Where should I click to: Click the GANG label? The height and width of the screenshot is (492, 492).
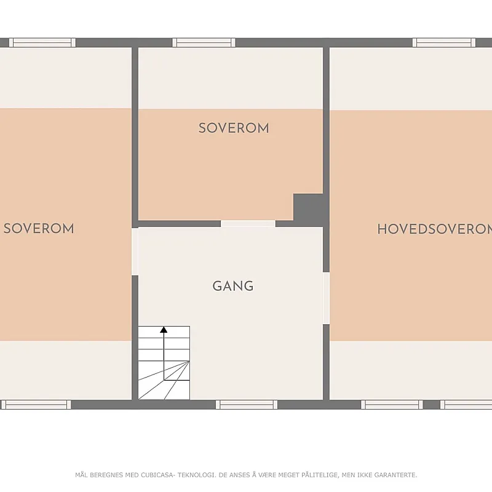click(x=233, y=286)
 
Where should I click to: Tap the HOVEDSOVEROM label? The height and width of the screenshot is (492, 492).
click(x=435, y=229)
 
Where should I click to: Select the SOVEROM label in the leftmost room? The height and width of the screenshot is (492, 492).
click(x=39, y=228)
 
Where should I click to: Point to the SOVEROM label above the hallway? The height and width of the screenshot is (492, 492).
click(x=234, y=128)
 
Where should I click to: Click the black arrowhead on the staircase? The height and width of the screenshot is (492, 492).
click(x=164, y=330)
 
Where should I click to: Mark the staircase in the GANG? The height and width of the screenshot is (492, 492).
click(x=164, y=363)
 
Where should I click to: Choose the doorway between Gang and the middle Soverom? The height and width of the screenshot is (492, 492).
click(x=248, y=224)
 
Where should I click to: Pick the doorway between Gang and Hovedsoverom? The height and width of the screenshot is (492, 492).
click(x=326, y=298)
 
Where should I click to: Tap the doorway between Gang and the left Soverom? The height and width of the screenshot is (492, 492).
click(x=135, y=252)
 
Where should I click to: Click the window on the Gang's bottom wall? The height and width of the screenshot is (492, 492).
click(x=247, y=405)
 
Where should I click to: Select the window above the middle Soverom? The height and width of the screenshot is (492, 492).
click(x=204, y=42)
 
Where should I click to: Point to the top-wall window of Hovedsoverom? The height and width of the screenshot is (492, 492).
click(x=444, y=42)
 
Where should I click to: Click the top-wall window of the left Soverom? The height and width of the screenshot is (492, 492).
click(x=42, y=42)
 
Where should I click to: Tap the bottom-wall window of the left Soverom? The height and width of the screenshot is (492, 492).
click(x=36, y=405)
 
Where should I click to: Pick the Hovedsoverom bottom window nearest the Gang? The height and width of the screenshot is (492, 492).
click(x=392, y=405)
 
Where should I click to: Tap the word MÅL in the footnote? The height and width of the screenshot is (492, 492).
click(x=82, y=475)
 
